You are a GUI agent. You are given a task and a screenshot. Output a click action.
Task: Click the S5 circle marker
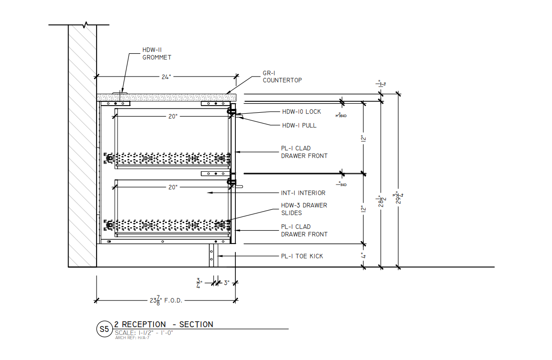[x=104, y=329]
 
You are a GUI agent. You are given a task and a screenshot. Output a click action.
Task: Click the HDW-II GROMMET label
[x=156, y=53]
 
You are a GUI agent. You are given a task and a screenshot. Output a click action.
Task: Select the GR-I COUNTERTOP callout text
[x=282, y=77]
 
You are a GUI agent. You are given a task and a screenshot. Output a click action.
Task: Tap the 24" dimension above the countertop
[x=166, y=76]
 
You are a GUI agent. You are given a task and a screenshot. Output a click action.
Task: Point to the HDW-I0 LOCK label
[x=301, y=112]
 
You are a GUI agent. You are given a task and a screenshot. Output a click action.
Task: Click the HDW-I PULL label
[x=299, y=126]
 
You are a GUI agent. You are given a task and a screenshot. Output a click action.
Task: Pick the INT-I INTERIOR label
[x=303, y=193]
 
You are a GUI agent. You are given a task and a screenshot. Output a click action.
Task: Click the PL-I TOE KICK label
[x=301, y=256]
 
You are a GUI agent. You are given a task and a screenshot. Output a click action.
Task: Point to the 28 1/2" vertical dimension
[x=381, y=202]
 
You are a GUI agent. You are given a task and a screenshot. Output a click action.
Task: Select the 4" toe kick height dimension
[x=364, y=255]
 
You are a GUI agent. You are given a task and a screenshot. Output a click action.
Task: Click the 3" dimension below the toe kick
[x=227, y=283]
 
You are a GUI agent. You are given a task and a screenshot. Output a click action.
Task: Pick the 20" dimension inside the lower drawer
[x=172, y=187]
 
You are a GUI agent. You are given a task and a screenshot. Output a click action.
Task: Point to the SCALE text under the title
[x=144, y=332]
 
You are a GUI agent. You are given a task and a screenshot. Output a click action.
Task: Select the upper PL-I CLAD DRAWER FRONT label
[x=304, y=152]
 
